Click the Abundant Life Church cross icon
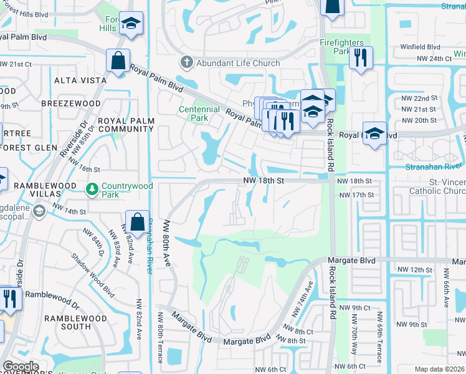185,62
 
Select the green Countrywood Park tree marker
92,188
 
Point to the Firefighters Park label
342,47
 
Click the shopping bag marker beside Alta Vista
117,61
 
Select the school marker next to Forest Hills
131,24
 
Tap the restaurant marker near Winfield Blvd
360,58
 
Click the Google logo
21,366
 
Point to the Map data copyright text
439,369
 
